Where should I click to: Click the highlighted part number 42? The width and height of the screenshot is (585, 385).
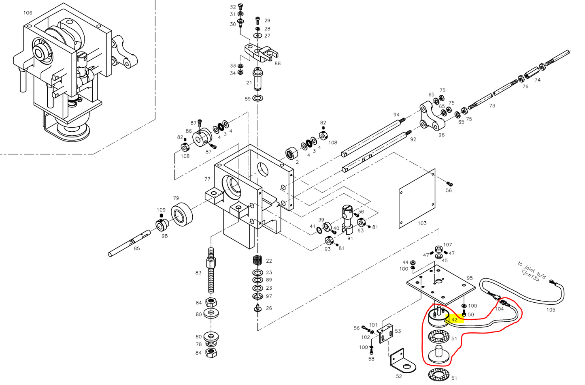454,320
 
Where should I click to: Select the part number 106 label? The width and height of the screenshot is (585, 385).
28,13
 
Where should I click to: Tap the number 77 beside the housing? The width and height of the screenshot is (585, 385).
207,179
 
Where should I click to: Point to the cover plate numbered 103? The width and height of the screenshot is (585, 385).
417,199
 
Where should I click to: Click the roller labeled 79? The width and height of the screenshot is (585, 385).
181,214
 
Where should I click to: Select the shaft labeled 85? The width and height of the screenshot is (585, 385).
130,245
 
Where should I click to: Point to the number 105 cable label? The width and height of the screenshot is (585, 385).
551,310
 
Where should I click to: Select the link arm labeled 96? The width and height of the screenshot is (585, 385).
432,117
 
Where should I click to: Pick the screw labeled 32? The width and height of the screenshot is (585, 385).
240,6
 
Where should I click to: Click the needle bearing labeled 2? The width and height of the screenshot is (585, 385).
292,154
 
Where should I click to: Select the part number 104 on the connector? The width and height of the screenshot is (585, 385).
500,309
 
